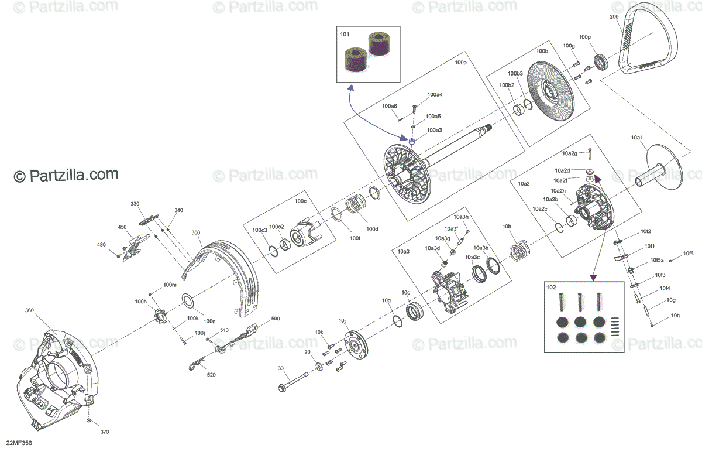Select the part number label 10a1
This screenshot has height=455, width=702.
pyautogui.click(x=637, y=138)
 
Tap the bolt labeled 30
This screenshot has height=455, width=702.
pyautogui.click(x=298, y=382)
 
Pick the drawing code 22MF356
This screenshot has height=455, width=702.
pyautogui.click(x=19, y=443)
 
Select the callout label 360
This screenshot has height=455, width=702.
pyautogui.click(x=30, y=310)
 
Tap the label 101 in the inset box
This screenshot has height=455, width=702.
pyautogui.click(x=345, y=35)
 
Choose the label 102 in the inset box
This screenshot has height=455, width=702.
pyautogui.click(x=550, y=287)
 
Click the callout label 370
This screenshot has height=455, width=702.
pyautogui.click(x=105, y=432)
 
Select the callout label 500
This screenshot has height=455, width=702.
pyautogui.click(x=276, y=319)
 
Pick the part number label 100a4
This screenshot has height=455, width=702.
pyautogui.click(x=435, y=94)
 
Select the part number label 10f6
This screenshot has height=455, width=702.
pyautogui.click(x=689, y=253)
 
